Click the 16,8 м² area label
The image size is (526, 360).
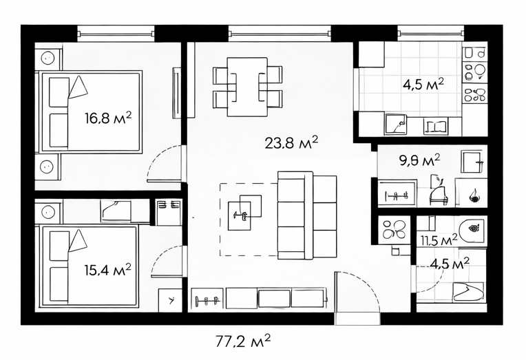pyautogui.click(x=108, y=118)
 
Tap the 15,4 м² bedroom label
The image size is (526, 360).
pyautogui.click(x=107, y=270)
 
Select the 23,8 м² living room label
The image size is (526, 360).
pyautogui.click(x=291, y=142)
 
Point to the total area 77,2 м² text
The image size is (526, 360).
pyautogui.click(x=242, y=341)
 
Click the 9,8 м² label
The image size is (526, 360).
pyautogui.click(x=419, y=160)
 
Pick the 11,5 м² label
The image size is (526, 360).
pyautogui.click(x=439, y=240)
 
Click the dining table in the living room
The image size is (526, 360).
pyautogui.click(x=247, y=87)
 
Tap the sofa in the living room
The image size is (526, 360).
pyautogui.click(x=307, y=215)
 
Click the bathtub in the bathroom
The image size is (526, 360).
pyautogui.click(x=468, y=292)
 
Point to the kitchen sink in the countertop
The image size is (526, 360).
pyautogui.click(x=396, y=124)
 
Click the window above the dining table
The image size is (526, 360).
pyautogui.click(x=280, y=33)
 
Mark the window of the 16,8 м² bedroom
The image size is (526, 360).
pyautogui.click(x=116, y=33)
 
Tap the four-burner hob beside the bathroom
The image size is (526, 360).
pyautogui.click(x=394, y=229)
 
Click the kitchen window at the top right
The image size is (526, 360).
pyautogui.click(x=431, y=33)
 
